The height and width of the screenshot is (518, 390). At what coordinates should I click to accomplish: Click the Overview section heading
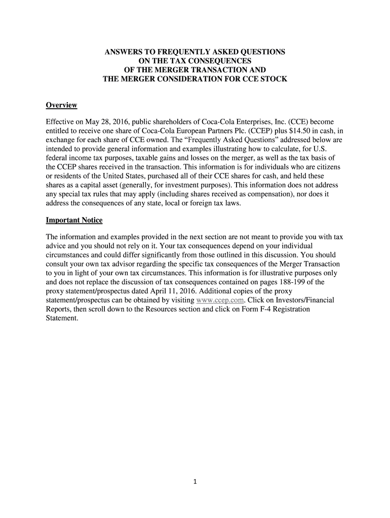(61, 105)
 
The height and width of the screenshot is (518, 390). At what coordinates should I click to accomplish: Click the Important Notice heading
(74, 221)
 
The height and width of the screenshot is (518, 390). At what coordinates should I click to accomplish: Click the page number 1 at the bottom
(194, 481)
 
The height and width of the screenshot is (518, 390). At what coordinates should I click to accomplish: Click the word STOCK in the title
(273, 79)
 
